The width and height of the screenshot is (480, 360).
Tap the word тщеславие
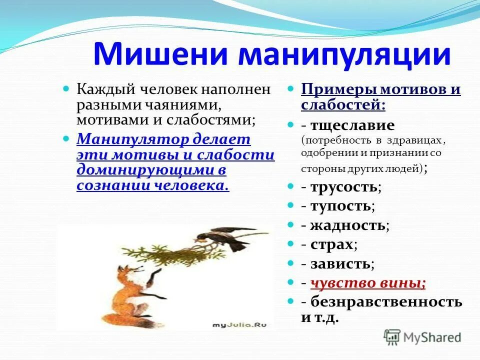[352, 125]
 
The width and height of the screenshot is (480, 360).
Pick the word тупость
[341, 205]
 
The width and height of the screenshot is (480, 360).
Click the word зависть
[340, 263]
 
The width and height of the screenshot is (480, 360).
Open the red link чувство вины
[368, 283]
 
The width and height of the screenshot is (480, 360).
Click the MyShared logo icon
[392, 336]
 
